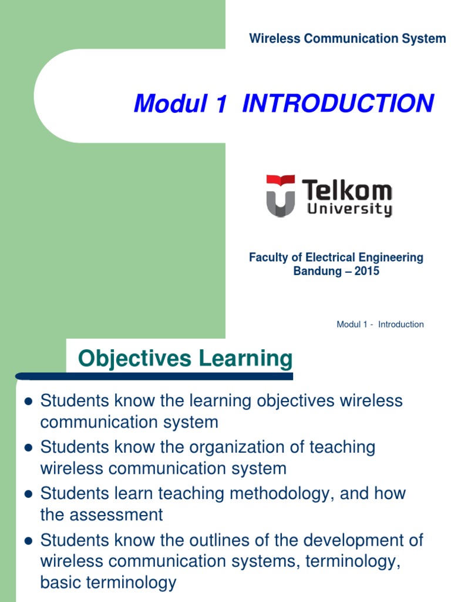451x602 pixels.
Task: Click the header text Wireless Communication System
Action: [x=347, y=39]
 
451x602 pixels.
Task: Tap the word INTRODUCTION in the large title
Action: [x=338, y=104]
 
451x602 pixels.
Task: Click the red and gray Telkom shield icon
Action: [x=280, y=195]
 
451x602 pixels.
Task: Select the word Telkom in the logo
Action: [x=346, y=190]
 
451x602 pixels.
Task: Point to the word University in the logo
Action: [x=349, y=209]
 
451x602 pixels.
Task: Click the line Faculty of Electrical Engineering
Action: [x=336, y=257]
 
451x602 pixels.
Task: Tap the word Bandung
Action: [x=318, y=271]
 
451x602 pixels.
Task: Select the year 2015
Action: [x=366, y=271]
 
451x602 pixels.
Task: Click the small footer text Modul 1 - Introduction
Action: [x=380, y=325]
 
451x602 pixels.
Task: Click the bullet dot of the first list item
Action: [x=26, y=402]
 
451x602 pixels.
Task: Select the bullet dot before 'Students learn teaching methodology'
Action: [x=26, y=494]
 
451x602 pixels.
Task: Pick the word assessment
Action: [x=116, y=515]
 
